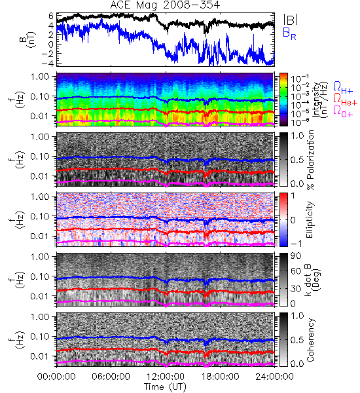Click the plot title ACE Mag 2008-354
(x=165, y=5)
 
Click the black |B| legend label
(x=291, y=20)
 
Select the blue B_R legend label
(x=289, y=33)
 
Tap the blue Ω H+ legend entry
(x=343, y=88)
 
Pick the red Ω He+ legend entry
(x=345, y=99)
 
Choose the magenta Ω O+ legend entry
(x=343, y=111)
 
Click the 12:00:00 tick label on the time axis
(x=166, y=377)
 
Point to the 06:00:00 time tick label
(x=111, y=377)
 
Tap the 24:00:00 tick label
(x=274, y=377)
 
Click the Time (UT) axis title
(x=166, y=387)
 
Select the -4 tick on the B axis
(x=48, y=63)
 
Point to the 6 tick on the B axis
(x=51, y=16)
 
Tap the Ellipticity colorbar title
(x=310, y=219)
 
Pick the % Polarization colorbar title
(x=310, y=160)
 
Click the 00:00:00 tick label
(x=56, y=377)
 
